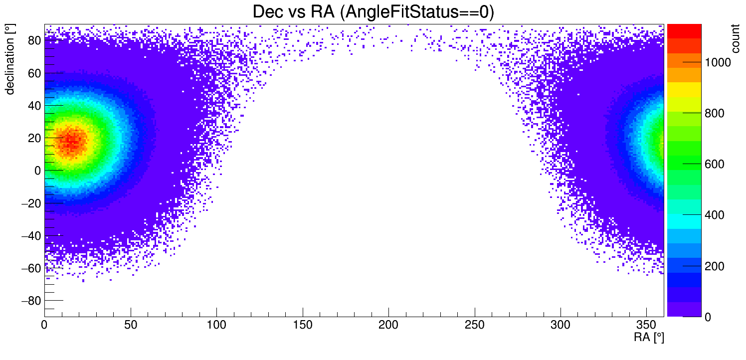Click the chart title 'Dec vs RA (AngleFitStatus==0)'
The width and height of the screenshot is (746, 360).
pos(373,12)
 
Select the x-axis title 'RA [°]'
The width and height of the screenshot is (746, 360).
pos(649,338)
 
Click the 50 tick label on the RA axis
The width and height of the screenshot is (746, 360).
pos(131,326)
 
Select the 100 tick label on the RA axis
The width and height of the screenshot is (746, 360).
pos(216,326)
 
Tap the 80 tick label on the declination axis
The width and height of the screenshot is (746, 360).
pos(33,41)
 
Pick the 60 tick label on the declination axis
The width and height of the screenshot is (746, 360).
pos(33,73)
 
